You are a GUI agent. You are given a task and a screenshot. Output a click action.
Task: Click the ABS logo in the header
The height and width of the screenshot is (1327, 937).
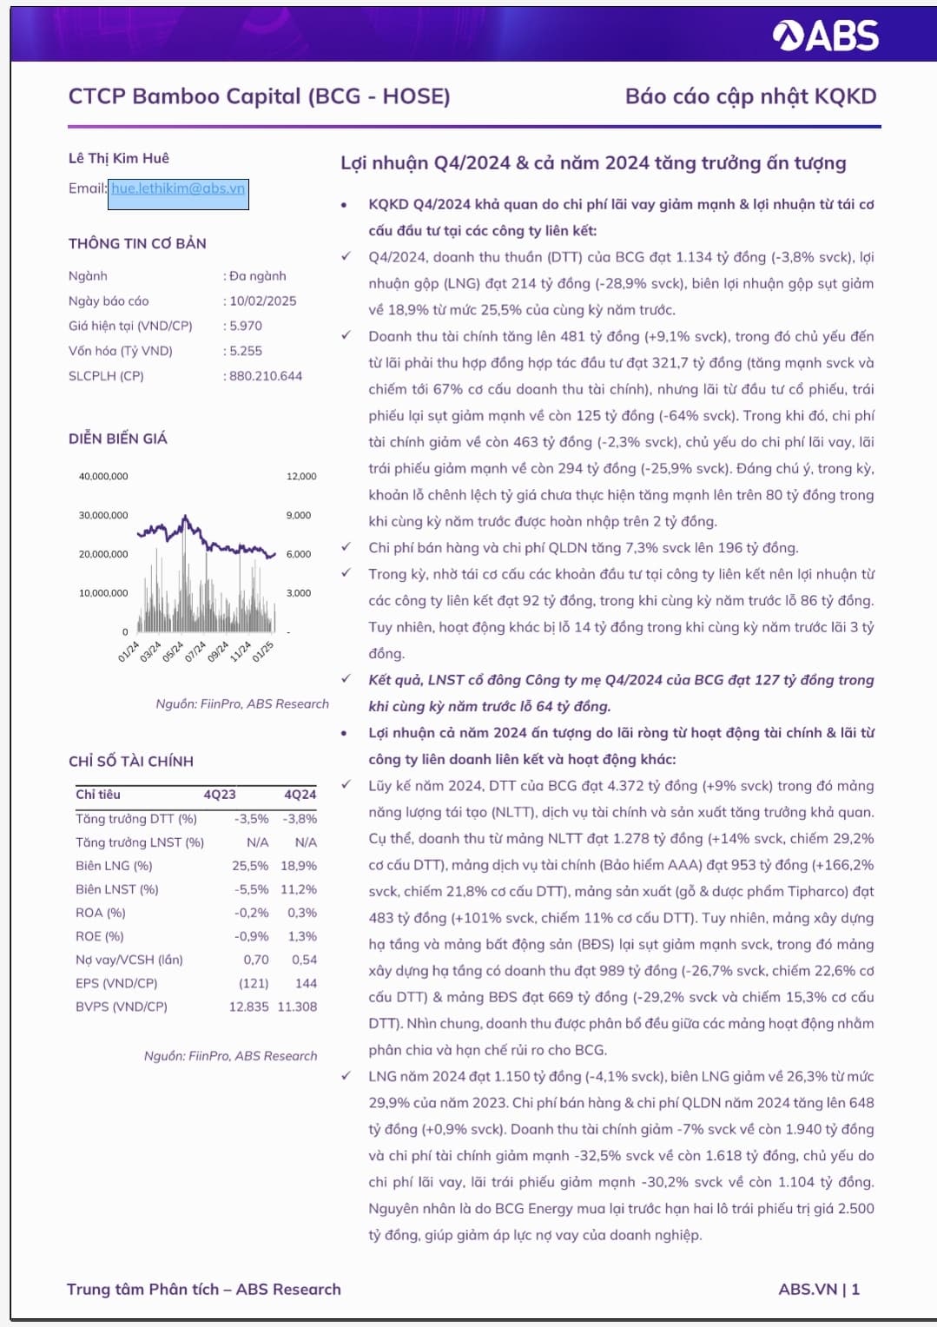(825, 36)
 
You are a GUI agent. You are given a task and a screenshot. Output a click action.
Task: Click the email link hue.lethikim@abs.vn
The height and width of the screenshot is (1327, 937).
(178, 188)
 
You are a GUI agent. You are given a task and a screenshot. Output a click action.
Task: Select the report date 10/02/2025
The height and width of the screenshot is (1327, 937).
(263, 301)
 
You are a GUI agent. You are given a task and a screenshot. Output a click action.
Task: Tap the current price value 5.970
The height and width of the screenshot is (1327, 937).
(246, 327)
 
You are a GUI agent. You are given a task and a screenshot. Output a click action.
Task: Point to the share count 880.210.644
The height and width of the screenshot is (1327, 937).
(266, 376)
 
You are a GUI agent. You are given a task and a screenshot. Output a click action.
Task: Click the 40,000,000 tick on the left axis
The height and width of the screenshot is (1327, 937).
(103, 477)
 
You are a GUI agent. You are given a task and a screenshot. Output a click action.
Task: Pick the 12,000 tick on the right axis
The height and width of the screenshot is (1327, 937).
(301, 477)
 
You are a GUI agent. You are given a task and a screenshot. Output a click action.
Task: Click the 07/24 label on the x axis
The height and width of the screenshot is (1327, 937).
(195, 650)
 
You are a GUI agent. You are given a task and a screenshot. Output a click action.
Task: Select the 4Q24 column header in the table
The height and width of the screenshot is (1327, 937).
(300, 795)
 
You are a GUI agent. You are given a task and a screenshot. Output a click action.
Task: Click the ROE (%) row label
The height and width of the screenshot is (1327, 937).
(100, 936)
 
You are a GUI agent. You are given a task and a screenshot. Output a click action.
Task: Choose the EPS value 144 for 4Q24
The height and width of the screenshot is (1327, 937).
(306, 983)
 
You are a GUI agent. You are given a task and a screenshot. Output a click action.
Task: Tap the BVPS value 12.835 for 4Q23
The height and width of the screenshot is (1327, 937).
(248, 1007)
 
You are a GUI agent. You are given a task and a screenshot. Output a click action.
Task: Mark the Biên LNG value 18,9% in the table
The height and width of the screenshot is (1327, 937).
(299, 866)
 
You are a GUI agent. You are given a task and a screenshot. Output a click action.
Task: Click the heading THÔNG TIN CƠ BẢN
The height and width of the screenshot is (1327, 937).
(137, 244)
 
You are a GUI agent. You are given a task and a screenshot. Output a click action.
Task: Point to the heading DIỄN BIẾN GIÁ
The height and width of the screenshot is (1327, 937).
(118, 439)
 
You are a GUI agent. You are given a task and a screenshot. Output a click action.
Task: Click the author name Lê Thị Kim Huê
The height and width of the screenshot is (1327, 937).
(119, 158)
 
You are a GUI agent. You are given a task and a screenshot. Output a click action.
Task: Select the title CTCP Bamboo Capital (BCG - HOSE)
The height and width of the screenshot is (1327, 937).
(259, 96)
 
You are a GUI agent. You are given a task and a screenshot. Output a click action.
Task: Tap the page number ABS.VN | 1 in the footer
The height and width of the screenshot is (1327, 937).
(819, 1290)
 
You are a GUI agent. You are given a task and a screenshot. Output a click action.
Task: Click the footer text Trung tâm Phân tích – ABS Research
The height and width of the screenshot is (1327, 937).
(204, 1290)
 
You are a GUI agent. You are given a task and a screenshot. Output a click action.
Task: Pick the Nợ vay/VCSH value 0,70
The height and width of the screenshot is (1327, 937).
(256, 960)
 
